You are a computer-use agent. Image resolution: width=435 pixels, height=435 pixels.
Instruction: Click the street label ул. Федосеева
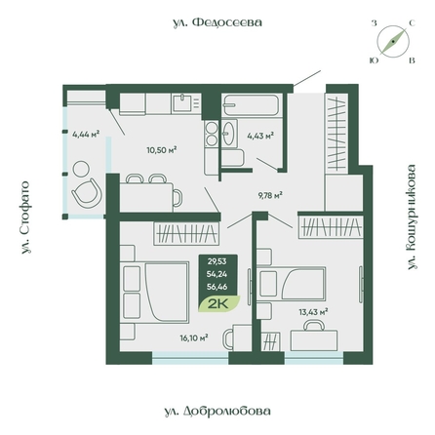pos(217,22)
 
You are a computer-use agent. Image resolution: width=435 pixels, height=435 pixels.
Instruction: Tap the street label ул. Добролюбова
pos(217,411)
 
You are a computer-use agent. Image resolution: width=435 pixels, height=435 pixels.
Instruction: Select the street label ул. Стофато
pos(24,217)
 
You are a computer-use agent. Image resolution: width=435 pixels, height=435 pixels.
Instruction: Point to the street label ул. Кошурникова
pos(412,217)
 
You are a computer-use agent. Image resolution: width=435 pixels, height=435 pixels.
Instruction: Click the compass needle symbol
pos(393,42)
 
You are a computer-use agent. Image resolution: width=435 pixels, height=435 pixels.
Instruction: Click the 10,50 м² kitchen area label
pos(162,150)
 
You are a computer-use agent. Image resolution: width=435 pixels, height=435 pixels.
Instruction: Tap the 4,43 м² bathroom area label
pos(260,136)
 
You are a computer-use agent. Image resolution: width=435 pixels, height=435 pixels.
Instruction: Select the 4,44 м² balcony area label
pos(86,134)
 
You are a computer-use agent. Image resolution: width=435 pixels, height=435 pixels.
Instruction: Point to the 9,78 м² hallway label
pos(270,195)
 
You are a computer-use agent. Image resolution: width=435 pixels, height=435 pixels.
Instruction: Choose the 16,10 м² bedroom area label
pos(194,338)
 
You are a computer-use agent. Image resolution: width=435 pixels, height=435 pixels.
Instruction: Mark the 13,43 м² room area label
pos(313,312)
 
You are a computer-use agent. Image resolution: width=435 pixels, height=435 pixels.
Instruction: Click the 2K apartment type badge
pos(218,304)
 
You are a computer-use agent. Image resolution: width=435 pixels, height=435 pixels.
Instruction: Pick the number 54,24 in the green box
pos(217,274)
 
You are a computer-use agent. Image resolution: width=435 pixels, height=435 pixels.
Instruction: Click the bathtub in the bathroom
pos(251,105)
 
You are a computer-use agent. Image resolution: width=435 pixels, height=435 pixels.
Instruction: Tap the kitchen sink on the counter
pos(182,102)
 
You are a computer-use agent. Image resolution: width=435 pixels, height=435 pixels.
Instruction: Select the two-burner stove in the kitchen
pos(212,134)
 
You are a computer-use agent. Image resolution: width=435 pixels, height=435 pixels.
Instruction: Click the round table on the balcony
pos(81,169)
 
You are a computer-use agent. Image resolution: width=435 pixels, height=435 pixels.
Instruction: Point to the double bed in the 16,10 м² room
pos(155,292)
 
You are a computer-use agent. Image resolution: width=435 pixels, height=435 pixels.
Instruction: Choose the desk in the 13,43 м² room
pos(314,340)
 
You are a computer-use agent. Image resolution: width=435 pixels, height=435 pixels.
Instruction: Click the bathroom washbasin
pos(229,134)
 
